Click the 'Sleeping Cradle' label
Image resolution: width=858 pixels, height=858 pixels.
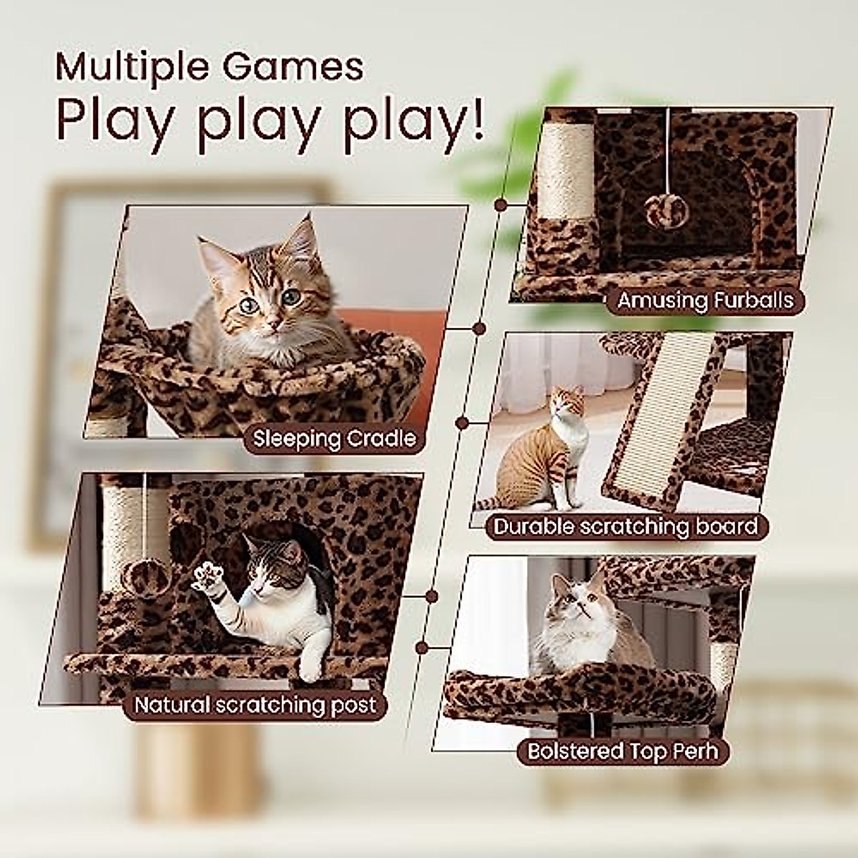[x=335, y=438]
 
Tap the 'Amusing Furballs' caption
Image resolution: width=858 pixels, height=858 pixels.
[x=705, y=301]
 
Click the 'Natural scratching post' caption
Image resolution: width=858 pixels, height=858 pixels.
[x=255, y=705]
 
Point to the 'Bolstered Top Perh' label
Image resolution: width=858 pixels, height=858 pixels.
[x=621, y=751]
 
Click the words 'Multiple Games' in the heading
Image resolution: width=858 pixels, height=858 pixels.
[x=209, y=67]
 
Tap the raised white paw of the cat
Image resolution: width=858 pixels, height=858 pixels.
[x=209, y=576]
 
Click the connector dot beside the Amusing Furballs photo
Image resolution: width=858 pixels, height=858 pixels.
[x=501, y=205]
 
